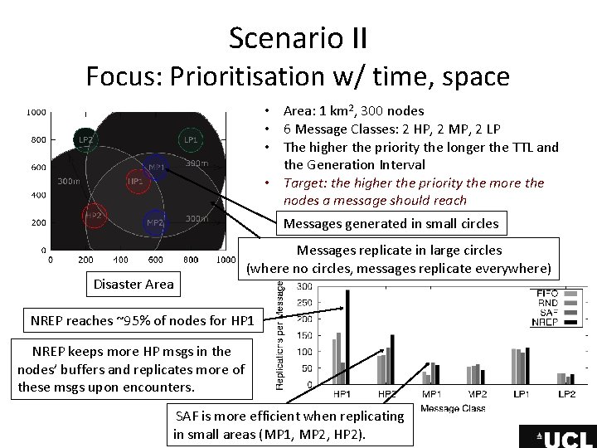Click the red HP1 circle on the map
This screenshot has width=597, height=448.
tap(135, 181)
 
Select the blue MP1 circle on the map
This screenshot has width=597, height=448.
tap(157, 168)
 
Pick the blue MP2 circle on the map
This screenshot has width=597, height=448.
tap(154, 222)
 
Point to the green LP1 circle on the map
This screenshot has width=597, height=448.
tap(191, 140)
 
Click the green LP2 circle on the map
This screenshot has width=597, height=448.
tap(86, 140)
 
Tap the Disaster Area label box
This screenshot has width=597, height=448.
tap(133, 284)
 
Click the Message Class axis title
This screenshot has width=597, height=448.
tap(453, 407)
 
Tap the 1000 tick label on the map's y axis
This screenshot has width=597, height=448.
tap(36, 112)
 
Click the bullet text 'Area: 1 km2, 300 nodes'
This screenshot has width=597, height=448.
tap(353, 110)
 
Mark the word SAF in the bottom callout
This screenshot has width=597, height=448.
tap(187, 416)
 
